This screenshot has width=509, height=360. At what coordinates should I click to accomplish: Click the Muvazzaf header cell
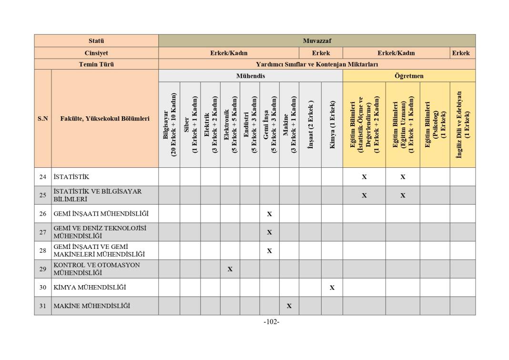click(317, 41)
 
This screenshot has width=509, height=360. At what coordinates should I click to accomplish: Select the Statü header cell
click(96, 41)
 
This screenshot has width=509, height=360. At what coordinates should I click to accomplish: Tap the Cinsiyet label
click(96, 53)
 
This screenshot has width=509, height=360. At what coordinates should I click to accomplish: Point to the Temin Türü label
click(96, 64)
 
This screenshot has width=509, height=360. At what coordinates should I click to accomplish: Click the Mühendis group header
click(251, 76)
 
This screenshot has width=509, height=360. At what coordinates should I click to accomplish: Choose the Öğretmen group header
click(409, 76)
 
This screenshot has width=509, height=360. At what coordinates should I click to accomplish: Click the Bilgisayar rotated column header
click(169, 124)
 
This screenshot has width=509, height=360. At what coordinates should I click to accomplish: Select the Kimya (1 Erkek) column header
click(332, 124)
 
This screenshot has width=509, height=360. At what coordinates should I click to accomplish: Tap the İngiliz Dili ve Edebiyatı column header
click(463, 124)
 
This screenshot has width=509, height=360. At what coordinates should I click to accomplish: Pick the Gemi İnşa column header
click(270, 124)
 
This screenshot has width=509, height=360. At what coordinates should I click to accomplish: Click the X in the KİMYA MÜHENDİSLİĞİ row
click(332, 288)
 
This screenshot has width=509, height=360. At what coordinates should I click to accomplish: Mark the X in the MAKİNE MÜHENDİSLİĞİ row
click(289, 306)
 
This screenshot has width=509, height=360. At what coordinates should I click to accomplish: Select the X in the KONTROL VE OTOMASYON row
click(230, 269)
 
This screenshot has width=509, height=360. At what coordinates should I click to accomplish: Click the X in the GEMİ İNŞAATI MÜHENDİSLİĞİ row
click(270, 214)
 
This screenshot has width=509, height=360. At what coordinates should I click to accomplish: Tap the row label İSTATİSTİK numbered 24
click(71, 177)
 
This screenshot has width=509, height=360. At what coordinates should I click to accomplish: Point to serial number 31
click(43, 306)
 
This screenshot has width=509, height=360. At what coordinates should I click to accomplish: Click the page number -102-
click(271, 322)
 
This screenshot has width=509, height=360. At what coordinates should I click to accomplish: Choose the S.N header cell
click(43, 119)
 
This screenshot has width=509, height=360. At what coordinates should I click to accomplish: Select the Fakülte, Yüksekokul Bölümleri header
click(105, 119)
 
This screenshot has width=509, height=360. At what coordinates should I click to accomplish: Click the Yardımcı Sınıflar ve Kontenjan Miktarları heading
click(317, 64)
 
